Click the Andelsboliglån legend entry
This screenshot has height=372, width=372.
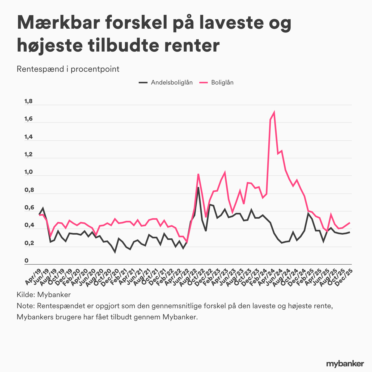coord(171,82)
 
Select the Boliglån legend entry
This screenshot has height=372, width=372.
coord(222,82)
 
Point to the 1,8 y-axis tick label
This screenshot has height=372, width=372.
coord(28,101)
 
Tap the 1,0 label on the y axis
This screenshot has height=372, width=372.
coord(28,172)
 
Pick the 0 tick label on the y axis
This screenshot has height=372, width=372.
coord(26,261)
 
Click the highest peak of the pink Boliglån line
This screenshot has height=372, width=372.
coord(274,112)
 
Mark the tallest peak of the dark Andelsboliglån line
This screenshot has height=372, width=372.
coord(198,188)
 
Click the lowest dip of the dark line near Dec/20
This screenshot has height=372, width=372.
coord(115,252)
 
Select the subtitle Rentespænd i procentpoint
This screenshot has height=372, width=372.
coord(68,69)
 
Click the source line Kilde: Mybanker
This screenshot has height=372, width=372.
coord(44,294)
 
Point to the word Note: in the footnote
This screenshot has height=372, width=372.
coord(26,306)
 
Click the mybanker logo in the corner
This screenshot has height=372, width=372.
coord(345,363)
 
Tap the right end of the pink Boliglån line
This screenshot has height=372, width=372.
coord(350,223)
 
